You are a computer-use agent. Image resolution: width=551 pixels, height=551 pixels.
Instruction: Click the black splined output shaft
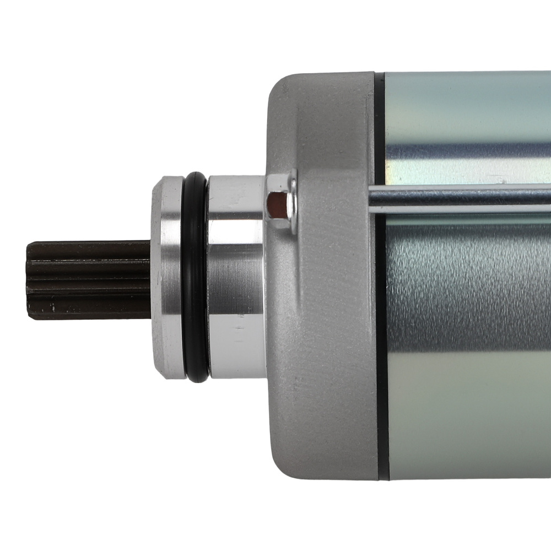pos(88,280)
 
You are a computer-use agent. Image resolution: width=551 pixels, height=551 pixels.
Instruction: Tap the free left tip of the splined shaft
pos(29,280)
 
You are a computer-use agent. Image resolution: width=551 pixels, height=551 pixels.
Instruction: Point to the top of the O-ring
pos(196,175)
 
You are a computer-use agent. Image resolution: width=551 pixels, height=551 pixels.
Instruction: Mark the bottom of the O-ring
pos(197,380)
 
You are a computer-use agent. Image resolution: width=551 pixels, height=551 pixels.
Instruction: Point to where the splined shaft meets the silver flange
pos(152,280)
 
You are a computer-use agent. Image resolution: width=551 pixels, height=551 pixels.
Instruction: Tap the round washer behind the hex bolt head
pos(293,201)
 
